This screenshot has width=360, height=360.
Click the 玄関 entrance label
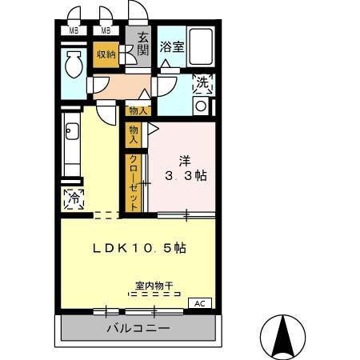tap(142, 44)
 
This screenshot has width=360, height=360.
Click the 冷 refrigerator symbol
tap(74, 197)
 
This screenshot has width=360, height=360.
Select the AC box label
tap(201, 303)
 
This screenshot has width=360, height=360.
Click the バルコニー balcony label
tap(137, 328)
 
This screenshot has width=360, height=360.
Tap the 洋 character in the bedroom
tap(185, 159)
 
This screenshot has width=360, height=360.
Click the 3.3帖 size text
tap(186, 175)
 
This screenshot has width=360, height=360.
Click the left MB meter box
tap(73, 31)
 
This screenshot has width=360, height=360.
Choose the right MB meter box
tap(105, 31)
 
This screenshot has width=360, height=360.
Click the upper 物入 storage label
tap(137, 110)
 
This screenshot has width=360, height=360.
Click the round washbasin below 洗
tap(201, 105)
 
